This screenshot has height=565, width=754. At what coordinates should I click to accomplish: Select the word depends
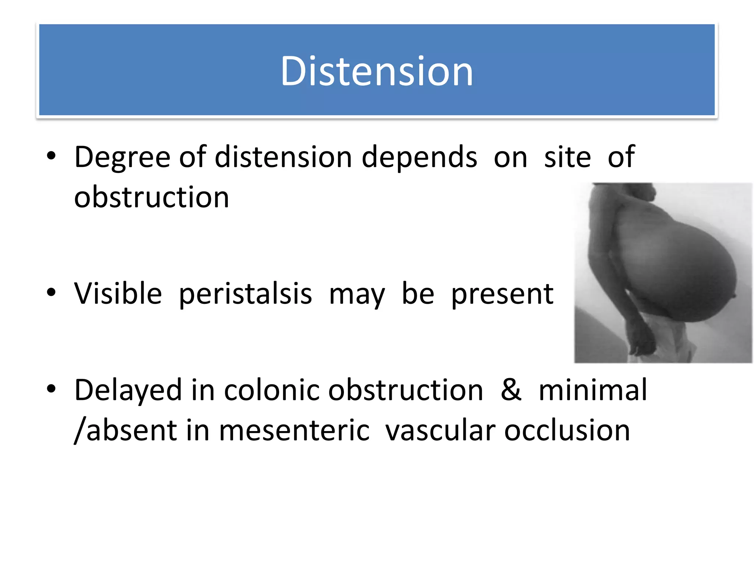pos(419,157)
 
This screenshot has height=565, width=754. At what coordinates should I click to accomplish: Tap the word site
pos(567,157)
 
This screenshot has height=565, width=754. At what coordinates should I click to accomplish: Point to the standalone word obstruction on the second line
pos(151,198)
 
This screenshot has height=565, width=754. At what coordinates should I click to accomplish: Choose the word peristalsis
pos(246,294)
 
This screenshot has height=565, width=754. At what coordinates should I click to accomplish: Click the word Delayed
pos(128,391)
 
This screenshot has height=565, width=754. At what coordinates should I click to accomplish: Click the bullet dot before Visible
pos(51,293)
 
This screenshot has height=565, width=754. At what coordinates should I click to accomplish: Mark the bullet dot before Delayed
pos(51,389)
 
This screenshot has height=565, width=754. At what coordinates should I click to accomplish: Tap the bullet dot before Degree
pos(51,156)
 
